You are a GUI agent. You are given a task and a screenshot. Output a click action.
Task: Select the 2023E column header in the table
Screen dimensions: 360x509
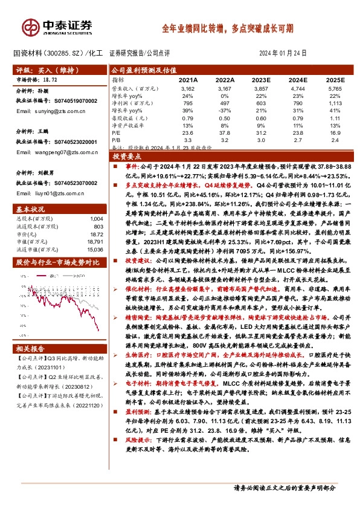coord(262,79)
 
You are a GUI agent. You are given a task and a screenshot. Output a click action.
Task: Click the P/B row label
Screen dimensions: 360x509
coord(117,140)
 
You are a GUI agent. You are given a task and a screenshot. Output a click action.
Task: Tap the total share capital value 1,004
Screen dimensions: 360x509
coord(96,218)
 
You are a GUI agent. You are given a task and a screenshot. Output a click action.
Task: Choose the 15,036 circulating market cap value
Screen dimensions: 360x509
coord(95,248)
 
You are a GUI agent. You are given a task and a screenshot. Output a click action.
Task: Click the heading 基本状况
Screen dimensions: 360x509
coord(28,208)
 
